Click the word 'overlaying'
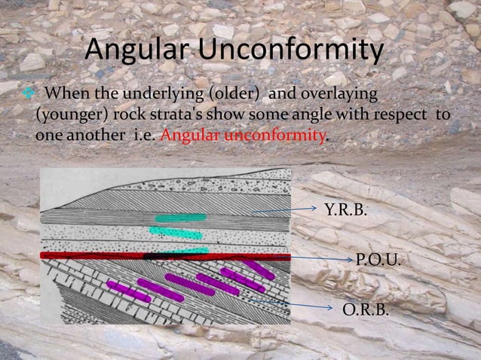332,93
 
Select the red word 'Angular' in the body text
189,137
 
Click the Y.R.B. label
346,209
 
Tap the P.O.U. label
378,261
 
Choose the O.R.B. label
366,309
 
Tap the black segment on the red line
159,256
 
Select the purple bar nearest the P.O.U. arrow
261,269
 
